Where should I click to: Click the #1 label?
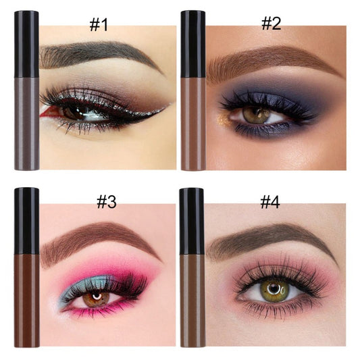click(x=99, y=24)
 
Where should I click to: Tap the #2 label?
click(x=271, y=24)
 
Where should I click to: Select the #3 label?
click(x=106, y=202)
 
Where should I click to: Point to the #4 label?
click(x=270, y=202)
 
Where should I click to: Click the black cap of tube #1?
click(x=26, y=44)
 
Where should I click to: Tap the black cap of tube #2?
click(x=193, y=44)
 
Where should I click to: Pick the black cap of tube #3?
click(x=26, y=221)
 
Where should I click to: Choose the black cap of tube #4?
click(x=192, y=221)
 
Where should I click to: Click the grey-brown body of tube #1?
click(x=26, y=124)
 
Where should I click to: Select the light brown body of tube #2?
click(x=193, y=124)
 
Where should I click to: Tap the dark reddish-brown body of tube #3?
click(x=26, y=301)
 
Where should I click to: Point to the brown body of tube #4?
click(x=192, y=301)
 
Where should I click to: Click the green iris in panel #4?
click(x=275, y=290)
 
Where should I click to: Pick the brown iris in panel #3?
click(x=96, y=299)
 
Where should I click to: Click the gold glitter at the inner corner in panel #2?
click(x=222, y=119)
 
